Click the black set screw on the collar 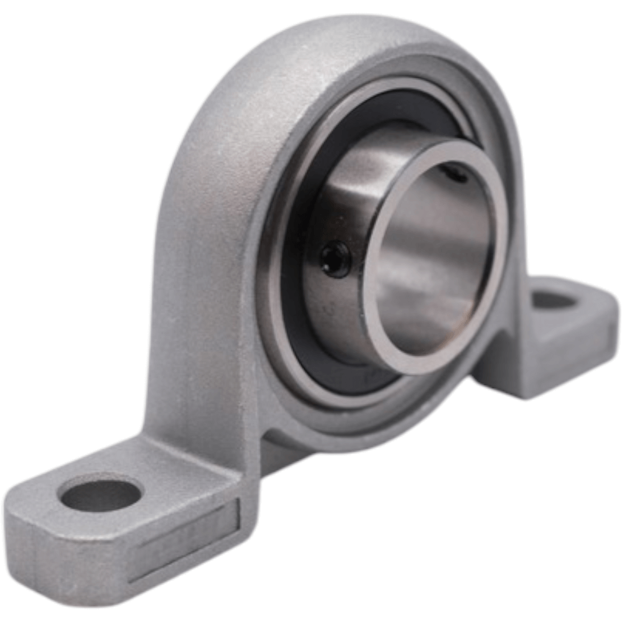pos(336,259)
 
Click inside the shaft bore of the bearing pos(435,261)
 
